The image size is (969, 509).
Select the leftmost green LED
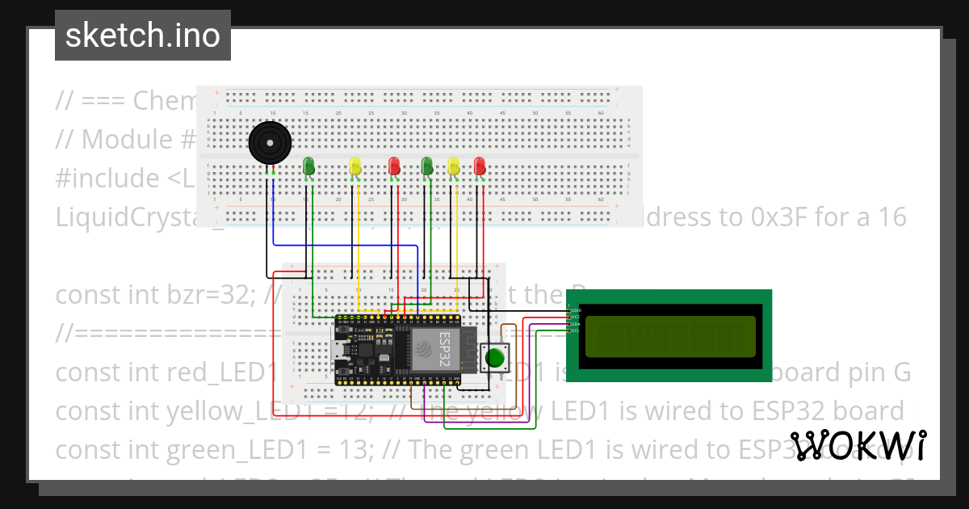click(x=308, y=166)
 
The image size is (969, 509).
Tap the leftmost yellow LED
click(x=356, y=166)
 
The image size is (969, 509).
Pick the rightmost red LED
click(x=480, y=166)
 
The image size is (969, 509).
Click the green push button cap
click(x=494, y=357)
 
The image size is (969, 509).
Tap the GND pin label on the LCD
click(x=575, y=310)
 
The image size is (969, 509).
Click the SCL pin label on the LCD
click(x=575, y=330)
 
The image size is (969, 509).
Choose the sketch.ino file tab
click(x=143, y=36)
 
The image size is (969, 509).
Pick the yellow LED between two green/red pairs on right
click(x=454, y=166)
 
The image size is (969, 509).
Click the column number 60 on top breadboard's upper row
click(x=600, y=112)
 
